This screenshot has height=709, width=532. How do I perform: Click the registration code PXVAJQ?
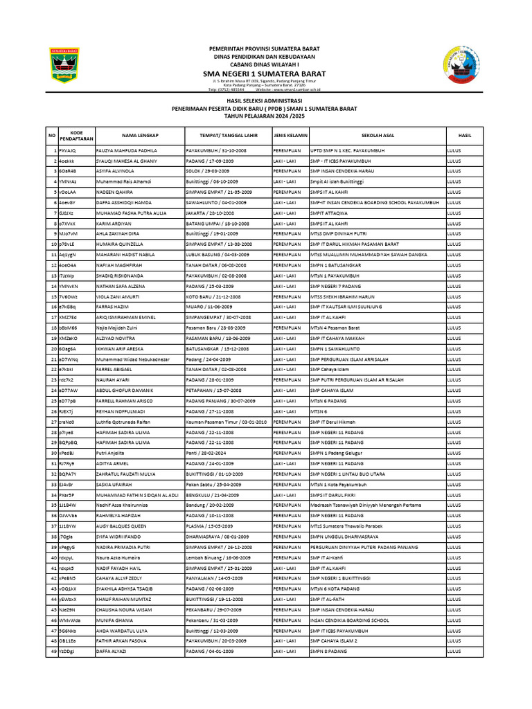pyautogui.click(x=67, y=150)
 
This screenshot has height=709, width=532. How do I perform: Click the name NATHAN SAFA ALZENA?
pyautogui.click(x=122, y=286)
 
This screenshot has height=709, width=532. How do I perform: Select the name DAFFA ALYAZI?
pyautogui.click(x=111, y=652)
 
